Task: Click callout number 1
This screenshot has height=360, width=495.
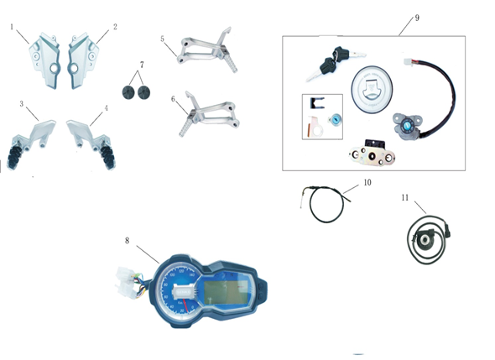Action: (x=13, y=27)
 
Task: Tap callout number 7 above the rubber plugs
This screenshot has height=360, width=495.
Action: (x=142, y=65)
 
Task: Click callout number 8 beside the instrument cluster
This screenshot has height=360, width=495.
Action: (x=128, y=241)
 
